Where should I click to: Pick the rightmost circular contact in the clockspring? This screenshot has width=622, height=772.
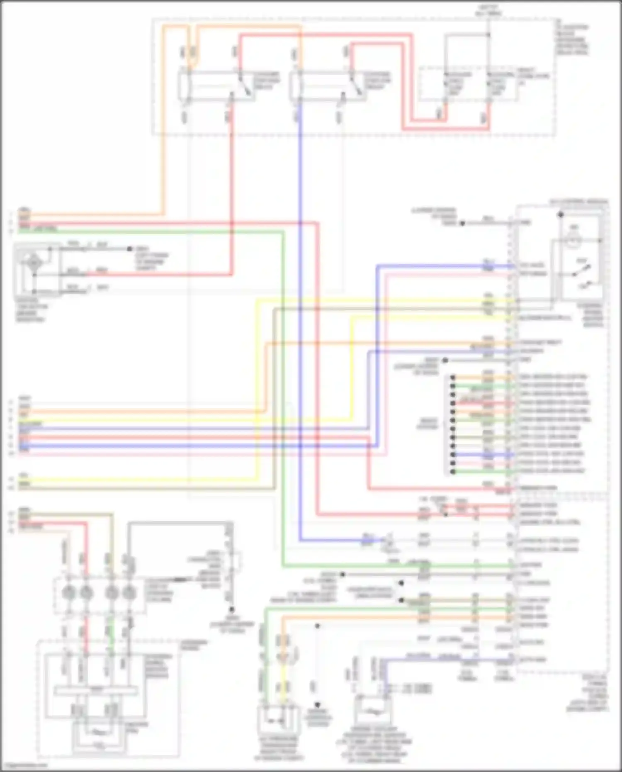coord(130,593)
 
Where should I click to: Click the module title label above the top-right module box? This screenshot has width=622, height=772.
coord(579,202)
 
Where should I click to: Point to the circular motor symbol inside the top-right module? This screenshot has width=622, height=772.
coord(573,241)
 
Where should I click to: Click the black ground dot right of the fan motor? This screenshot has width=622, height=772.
coord(130,249)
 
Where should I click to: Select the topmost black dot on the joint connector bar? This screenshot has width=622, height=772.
coord(453,377)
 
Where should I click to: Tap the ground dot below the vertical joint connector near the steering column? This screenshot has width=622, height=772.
coord(232,609)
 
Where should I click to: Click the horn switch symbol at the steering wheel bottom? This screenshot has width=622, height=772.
coord(98,732)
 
